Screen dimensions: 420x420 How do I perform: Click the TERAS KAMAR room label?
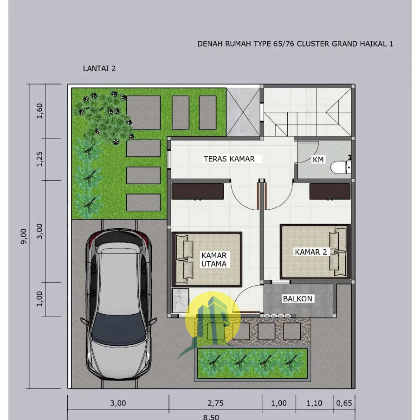tap(229, 159)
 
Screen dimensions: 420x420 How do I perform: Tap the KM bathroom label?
tap(318, 160)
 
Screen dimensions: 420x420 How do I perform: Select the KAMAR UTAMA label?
tap(214, 259)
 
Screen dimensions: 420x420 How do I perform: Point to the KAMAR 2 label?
tap(311, 252)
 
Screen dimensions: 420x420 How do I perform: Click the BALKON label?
tap(297, 299)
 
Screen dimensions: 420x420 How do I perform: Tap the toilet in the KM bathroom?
tap(339, 167)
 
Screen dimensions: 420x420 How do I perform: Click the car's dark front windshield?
tap(118, 329)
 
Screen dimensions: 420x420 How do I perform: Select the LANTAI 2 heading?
tap(99, 69)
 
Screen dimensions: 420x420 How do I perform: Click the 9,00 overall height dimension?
tap(24, 236)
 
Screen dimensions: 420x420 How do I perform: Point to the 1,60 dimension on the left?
tap(39, 111)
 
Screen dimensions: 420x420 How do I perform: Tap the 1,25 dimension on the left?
tap(39, 159)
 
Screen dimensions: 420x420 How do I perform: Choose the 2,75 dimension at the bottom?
tap(215, 403)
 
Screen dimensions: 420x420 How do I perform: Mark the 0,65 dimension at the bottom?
tap(344, 403)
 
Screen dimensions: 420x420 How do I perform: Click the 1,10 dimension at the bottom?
tap(314, 403)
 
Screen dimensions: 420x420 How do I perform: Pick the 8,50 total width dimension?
tap(211, 417)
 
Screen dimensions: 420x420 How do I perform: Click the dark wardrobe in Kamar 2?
tap(330, 191)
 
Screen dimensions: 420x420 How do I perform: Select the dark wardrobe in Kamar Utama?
tap(198, 191)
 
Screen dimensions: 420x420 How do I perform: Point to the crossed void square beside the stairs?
tap(243, 112)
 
